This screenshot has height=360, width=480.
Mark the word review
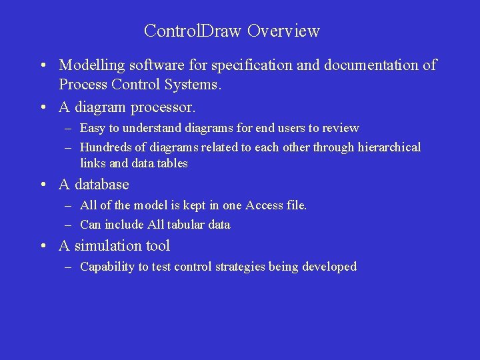341,128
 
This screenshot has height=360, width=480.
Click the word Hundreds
106,147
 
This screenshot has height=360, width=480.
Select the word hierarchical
385,147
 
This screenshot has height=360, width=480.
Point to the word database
102,184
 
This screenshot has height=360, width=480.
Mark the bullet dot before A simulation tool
42,247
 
